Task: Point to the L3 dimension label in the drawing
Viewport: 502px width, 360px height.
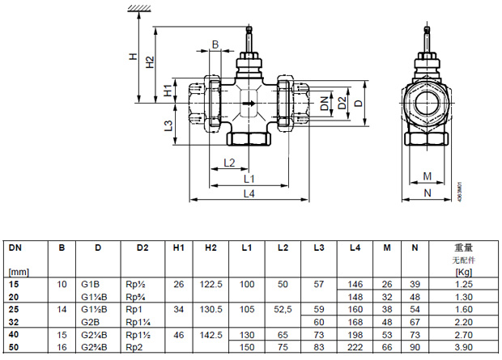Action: pos(167,125)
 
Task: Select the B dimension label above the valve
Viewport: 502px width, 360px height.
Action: pos(215,44)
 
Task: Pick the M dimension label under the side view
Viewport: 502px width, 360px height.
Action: pos(427,176)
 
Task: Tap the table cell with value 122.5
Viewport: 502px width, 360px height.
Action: pos(212,285)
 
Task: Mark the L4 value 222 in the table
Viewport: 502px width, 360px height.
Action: pos(355,347)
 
